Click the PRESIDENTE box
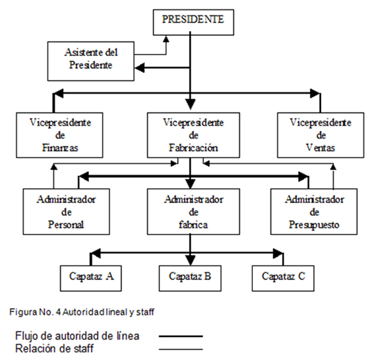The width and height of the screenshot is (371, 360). tap(194, 22)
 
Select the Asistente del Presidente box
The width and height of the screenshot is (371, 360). tap(91, 61)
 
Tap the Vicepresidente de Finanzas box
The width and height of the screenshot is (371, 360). tap(59, 135)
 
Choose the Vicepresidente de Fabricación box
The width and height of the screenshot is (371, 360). tap(194, 135)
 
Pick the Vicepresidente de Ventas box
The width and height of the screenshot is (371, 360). tap(320, 135)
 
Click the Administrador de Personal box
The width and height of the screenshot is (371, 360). tap(66, 212)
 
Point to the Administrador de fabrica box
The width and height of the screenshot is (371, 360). tap(194, 212)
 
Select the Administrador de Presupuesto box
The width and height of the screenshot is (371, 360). tap(314, 212)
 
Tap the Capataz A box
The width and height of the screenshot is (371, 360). tap(91, 278)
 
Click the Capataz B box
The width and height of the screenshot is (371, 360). tap(190, 278)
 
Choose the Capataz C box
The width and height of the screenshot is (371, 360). tap(283, 278)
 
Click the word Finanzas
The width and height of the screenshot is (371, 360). tap(60, 148)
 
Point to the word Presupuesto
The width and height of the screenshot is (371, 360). tap(314, 225)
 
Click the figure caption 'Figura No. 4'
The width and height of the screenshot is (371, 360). tap(35, 312)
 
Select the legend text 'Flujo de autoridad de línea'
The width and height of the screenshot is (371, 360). tap(78, 336)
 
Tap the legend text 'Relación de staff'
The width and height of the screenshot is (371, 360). tap(55, 349)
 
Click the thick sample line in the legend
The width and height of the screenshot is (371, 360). tap(181, 336)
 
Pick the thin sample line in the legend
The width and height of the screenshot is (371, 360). tap(181, 349)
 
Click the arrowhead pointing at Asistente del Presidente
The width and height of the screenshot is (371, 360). tap(140, 67)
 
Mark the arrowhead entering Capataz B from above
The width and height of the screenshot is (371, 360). tap(190, 260)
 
